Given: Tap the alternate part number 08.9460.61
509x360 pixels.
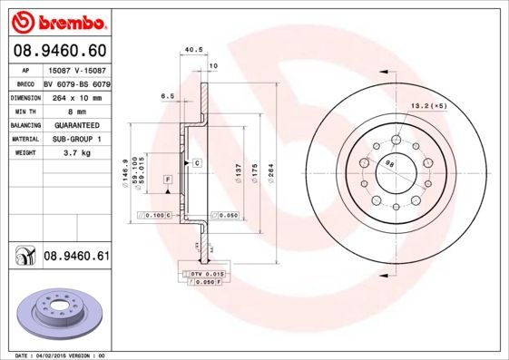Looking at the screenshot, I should (76, 257).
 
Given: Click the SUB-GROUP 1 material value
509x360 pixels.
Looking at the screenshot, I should (78, 139).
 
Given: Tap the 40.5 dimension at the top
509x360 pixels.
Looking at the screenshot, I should (191, 52).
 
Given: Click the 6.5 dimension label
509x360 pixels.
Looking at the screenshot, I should (167, 95).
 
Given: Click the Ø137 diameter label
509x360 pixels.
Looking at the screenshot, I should (238, 170).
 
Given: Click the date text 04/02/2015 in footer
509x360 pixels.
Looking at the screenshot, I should (57, 355).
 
